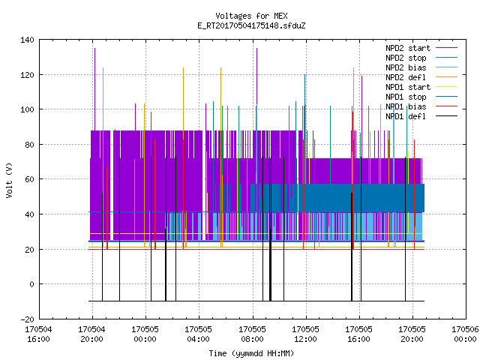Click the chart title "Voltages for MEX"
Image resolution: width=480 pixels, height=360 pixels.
point(251,16)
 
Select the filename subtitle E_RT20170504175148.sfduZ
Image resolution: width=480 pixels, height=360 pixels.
point(251,25)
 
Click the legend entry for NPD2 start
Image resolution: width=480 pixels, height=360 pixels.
point(408,48)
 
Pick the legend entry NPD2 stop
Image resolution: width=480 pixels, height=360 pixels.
point(406,58)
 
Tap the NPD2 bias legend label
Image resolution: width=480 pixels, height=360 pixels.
point(406,67)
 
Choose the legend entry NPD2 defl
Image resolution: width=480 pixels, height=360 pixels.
point(406,77)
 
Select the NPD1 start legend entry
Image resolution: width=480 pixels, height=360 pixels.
point(408,87)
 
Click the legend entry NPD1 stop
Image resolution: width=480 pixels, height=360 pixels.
point(406,97)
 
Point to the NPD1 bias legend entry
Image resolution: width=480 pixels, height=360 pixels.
point(406,106)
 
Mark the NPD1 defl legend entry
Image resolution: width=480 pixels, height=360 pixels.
point(406,117)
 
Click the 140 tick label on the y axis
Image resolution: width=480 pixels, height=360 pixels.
point(27,40)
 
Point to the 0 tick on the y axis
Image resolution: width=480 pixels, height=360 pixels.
point(31,284)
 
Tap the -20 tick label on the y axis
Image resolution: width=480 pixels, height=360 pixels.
point(27,319)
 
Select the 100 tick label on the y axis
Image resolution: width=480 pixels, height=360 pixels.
point(27,109)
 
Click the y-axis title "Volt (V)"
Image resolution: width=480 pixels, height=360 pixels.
point(9,180)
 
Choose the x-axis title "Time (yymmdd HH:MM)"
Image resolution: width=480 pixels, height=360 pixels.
point(251,353)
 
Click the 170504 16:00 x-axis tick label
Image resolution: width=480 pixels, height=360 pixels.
point(38,334)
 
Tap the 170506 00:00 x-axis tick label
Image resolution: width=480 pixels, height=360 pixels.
point(465,334)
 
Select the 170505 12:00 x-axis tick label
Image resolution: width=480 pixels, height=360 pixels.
point(305,334)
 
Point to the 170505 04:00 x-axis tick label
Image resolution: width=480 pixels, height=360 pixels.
point(198,334)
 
